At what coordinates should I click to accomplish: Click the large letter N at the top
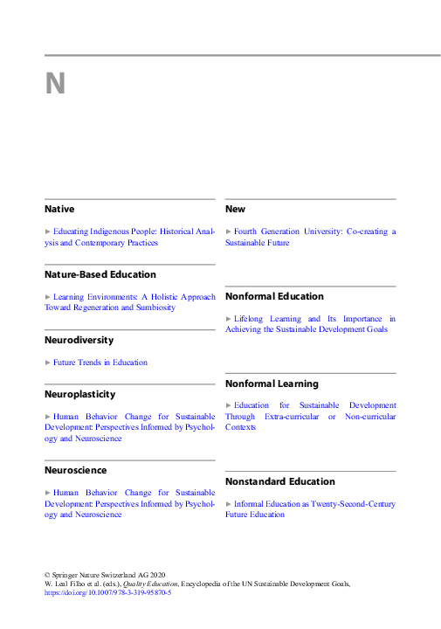(x=56, y=84)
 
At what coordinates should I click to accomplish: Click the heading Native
(x=59, y=210)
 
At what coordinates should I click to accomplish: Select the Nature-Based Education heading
(x=100, y=274)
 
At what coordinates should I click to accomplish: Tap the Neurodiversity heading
(x=79, y=340)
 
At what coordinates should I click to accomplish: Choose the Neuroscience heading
(x=76, y=470)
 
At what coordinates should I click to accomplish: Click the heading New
(x=235, y=210)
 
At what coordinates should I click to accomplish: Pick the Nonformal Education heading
(x=274, y=297)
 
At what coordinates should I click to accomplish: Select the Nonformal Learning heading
(x=272, y=384)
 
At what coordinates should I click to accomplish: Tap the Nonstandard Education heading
(x=279, y=481)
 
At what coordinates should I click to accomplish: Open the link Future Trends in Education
(x=100, y=363)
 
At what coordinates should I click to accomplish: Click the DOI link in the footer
(x=107, y=593)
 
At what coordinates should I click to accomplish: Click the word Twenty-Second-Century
(x=351, y=504)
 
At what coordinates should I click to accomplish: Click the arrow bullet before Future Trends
(x=48, y=363)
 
